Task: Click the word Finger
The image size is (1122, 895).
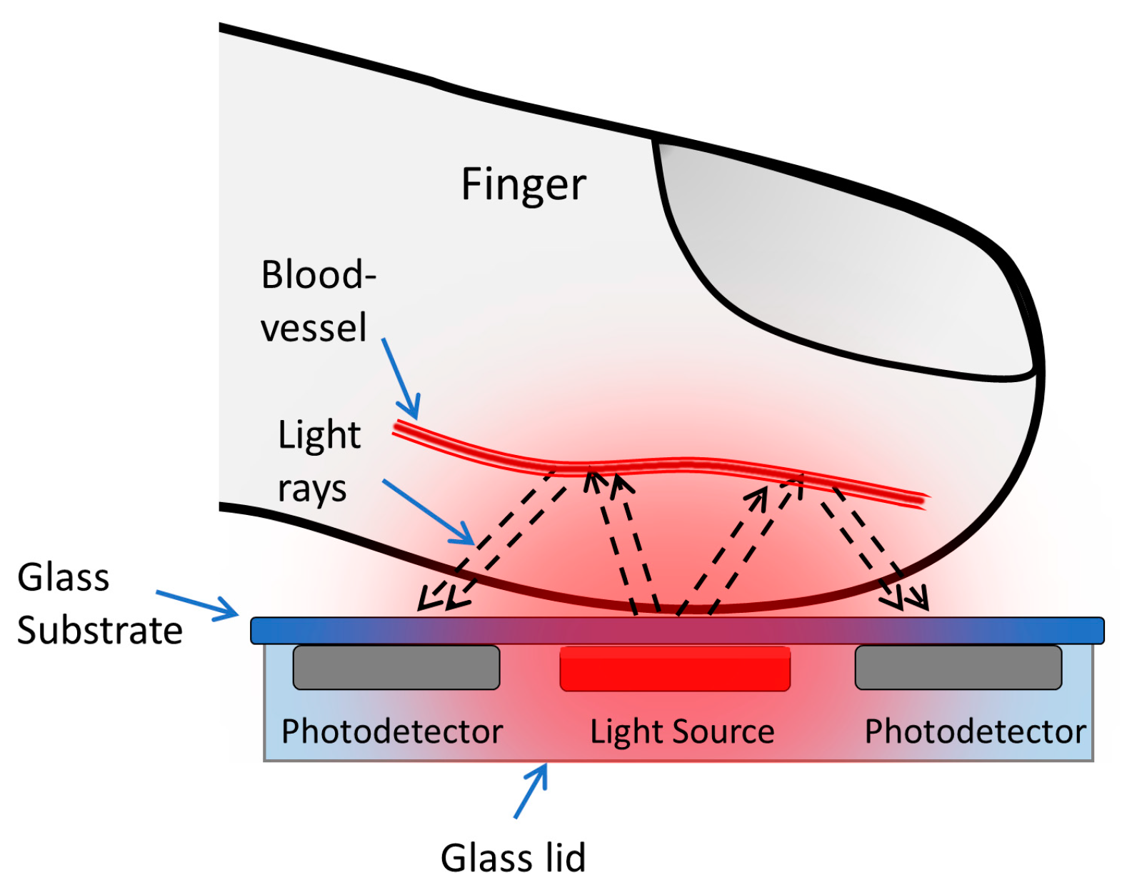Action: click(523, 184)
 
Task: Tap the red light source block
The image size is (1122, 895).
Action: click(674, 669)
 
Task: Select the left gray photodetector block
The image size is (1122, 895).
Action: click(396, 668)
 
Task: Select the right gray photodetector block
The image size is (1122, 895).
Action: click(958, 668)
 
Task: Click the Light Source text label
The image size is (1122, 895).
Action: click(681, 731)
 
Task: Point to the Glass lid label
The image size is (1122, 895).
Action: click(512, 857)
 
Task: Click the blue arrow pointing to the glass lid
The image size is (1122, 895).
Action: click(531, 791)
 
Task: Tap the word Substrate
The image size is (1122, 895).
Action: click(99, 631)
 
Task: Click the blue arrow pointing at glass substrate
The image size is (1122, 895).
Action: click(197, 604)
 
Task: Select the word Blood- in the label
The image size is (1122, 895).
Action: click(318, 275)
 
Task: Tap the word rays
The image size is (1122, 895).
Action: click(311, 490)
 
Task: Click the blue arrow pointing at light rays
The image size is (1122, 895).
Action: click(429, 511)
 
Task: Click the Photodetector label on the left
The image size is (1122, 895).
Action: click(391, 731)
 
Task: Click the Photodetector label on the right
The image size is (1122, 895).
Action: click(975, 731)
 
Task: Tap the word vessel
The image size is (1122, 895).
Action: click(313, 328)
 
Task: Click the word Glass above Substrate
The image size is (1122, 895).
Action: click(63, 577)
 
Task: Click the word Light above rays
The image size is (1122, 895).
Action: click(319, 435)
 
